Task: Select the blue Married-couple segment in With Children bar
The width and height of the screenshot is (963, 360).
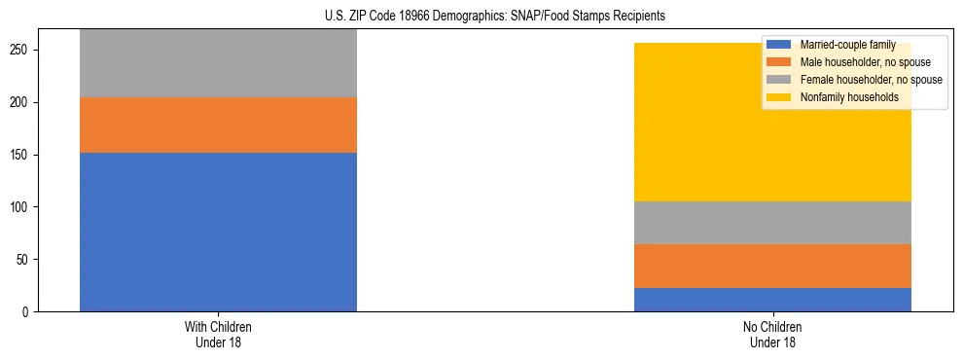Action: click(x=218, y=232)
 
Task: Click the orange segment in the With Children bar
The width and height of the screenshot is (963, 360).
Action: click(x=218, y=125)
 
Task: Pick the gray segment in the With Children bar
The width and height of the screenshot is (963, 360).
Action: click(x=218, y=63)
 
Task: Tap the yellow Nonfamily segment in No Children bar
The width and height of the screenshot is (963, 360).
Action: click(x=772, y=122)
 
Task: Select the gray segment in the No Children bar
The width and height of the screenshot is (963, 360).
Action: click(x=772, y=223)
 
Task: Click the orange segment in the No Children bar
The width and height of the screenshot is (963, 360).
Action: click(x=772, y=266)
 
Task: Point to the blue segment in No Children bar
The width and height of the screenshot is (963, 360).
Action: click(x=772, y=300)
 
